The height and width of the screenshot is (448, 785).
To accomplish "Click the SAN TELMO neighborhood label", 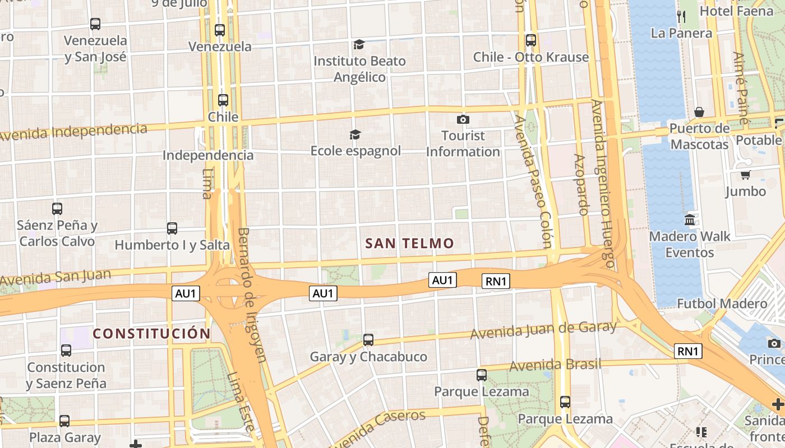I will pos(409,243).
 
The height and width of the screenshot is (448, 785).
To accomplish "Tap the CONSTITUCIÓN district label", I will pos(151,334).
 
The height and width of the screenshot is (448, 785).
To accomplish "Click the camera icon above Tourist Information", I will pos(463,119).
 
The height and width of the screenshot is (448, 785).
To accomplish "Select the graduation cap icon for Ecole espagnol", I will pos(355,134).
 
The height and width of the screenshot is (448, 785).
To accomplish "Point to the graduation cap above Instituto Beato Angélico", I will pos(359,44).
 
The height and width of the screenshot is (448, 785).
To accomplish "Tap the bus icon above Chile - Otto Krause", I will pos(530,40).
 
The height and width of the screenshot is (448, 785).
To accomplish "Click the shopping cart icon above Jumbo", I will pos(745,175).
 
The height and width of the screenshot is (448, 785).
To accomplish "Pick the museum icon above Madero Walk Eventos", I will pos(690,220).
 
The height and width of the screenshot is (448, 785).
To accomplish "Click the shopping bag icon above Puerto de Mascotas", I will pos(699,113).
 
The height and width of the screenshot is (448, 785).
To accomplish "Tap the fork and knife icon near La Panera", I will pos(681,16).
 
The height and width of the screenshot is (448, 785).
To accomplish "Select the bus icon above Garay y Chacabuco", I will pos(368,340).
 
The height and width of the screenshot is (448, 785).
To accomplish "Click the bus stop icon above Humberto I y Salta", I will pos(172,228).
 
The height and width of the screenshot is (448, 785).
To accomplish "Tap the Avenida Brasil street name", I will pos(555,365).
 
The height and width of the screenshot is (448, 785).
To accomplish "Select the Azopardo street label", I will pos(581,184).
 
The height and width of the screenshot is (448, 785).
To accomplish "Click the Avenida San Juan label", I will pos(56,277).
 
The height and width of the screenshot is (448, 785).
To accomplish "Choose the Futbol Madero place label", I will pos(722,304).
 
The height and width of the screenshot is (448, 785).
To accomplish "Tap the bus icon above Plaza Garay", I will pos(64,421).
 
